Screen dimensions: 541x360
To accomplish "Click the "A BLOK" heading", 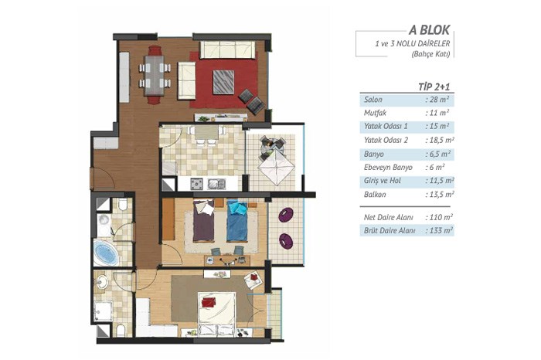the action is coord(429,30).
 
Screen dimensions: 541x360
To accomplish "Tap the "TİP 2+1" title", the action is coord(434,87).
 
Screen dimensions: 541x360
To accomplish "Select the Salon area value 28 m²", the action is coord(437,100).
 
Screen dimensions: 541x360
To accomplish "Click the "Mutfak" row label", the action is coord(375,113).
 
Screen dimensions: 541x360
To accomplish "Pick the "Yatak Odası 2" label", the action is coord(386,140).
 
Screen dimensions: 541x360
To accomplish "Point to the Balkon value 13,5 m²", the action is coord(439,195).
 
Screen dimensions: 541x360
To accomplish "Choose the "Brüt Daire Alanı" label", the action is coord(390,230).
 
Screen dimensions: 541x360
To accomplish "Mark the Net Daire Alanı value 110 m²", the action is coord(439,217).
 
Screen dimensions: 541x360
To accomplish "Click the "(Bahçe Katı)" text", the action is coord(431,54).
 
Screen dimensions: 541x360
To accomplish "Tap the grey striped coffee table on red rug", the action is coord(223,82).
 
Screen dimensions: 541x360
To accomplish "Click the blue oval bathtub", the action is coord(106,253).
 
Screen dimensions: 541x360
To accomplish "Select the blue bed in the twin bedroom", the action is coord(237,220).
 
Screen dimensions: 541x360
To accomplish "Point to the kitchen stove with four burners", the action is coord(196,184).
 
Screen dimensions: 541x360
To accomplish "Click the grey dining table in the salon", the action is coord(155,76).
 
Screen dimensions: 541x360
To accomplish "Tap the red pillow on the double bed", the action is coord(209,302).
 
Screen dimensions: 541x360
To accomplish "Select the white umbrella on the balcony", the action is coord(277,167).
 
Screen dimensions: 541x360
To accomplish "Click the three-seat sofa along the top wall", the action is coord(228,49).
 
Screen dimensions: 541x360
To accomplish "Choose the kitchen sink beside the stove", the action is coord(216,184).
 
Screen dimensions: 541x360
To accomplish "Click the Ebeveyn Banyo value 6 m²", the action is coord(435,167).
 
